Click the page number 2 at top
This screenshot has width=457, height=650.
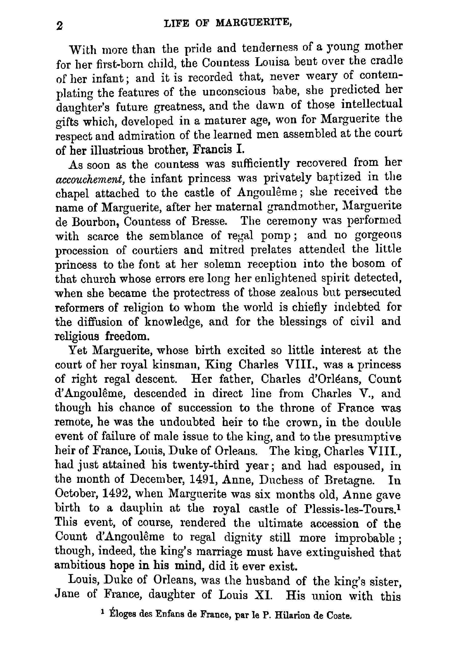59,26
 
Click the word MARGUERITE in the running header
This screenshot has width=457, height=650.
253,23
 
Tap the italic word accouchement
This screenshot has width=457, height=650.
89,179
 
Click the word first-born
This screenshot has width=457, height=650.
121,64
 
